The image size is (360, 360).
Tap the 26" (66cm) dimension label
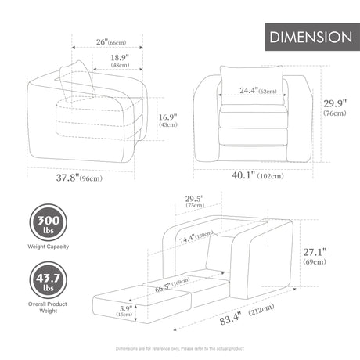(109, 41)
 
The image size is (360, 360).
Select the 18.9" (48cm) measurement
(120, 62)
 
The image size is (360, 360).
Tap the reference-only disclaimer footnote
(180, 348)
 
